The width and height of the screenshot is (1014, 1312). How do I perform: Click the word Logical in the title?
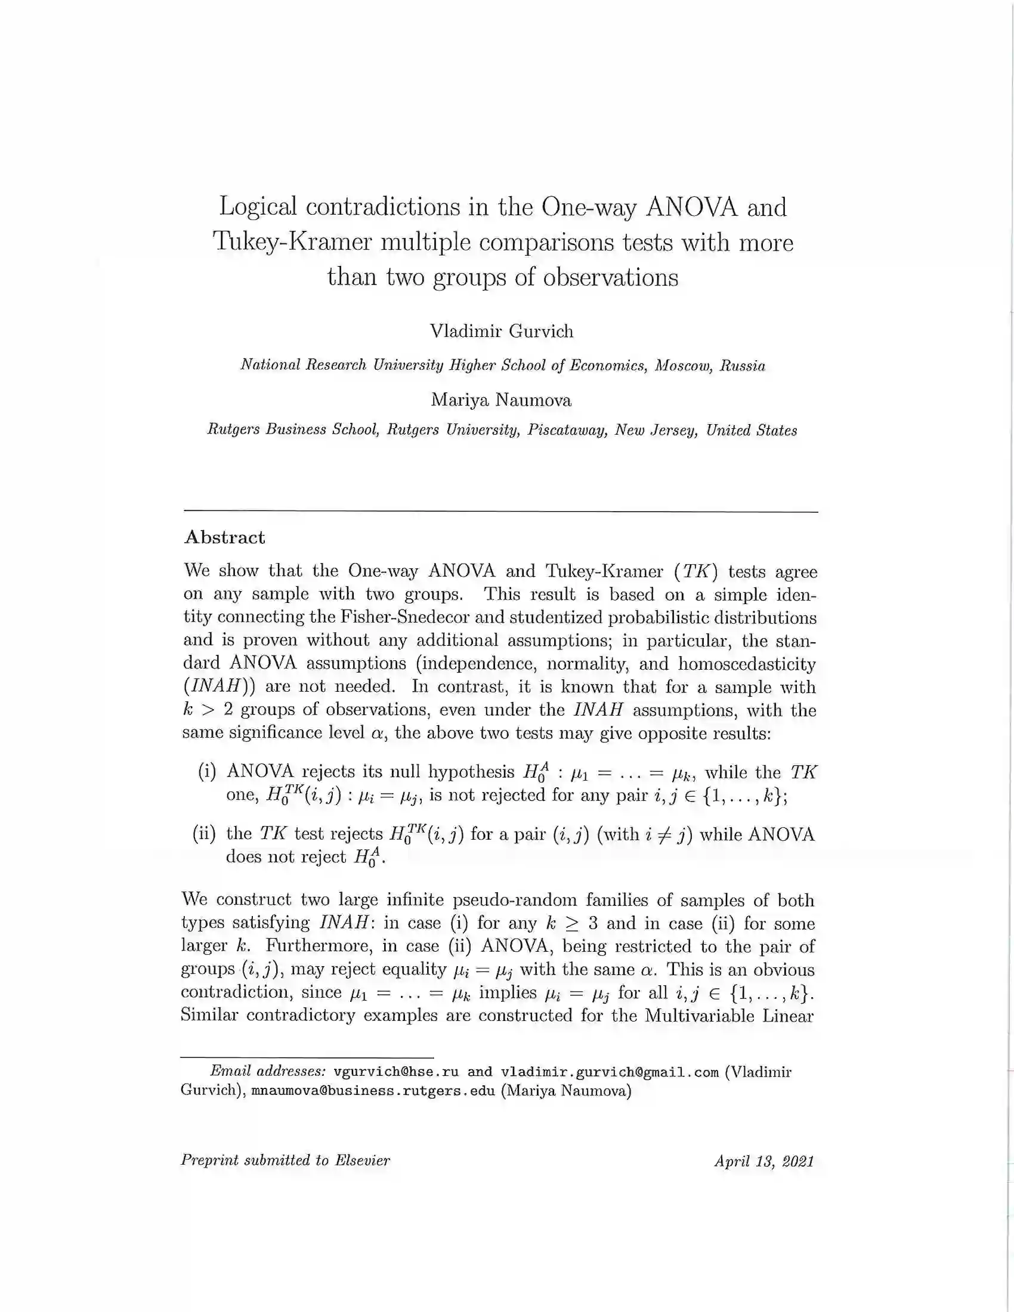pos(258,208)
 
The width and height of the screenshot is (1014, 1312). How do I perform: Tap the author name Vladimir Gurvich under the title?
pos(502,331)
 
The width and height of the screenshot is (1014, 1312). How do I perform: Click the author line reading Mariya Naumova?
pos(501,400)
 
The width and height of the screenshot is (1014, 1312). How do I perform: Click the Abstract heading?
pos(225,537)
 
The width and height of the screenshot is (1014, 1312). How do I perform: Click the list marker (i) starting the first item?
pos(206,772)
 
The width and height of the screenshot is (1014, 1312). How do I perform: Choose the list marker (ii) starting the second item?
pos(204,834)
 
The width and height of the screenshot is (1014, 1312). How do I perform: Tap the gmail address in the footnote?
pos(610,1072)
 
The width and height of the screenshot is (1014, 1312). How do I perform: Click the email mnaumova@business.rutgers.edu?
pos(372,1090)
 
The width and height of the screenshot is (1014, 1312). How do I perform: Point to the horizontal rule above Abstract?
pos(501,512)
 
